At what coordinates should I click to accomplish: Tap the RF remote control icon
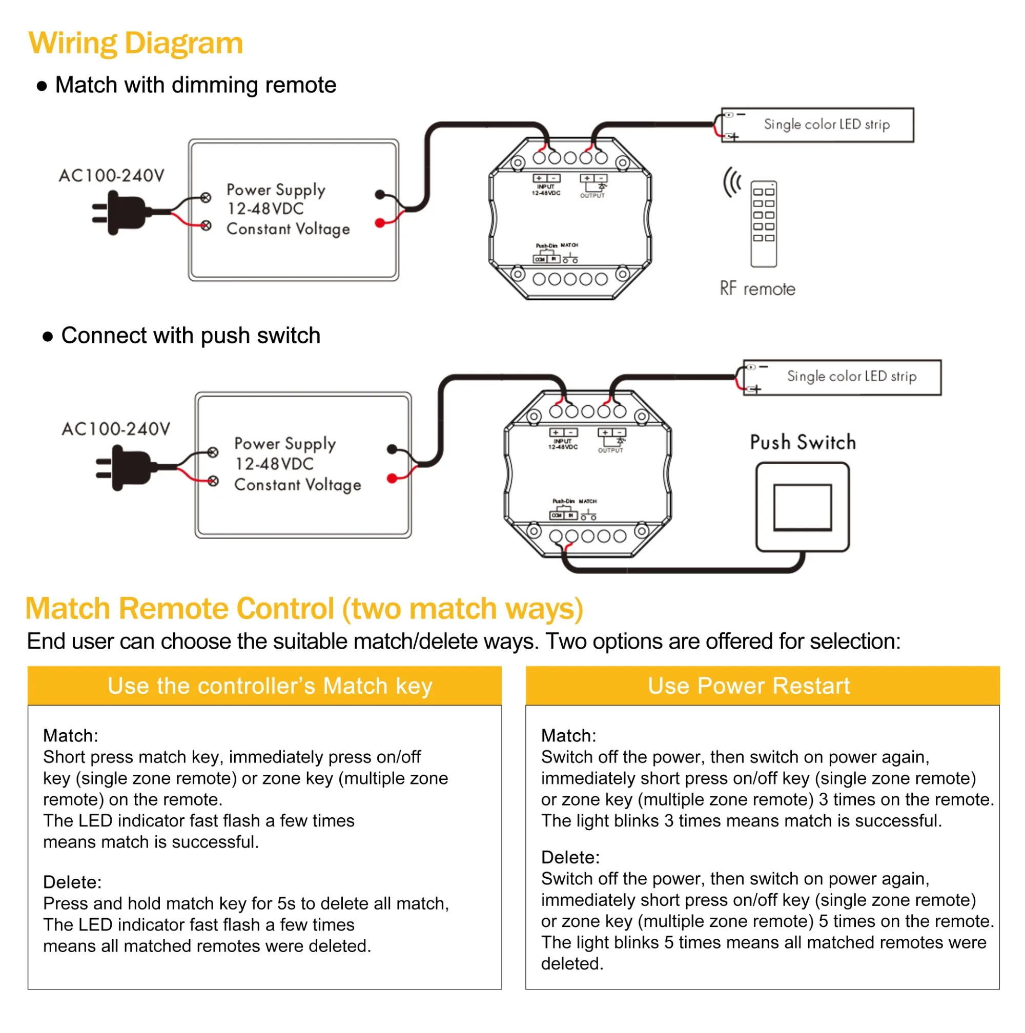tap(763, 223)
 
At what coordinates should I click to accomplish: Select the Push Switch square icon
tap(802, 506)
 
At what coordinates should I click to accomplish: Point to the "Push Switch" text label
tap(802, 442)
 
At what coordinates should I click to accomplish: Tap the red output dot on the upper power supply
tap(380, 223)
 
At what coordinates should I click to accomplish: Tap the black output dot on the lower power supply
tap(392, 449)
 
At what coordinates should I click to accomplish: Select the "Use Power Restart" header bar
tap(762, 686)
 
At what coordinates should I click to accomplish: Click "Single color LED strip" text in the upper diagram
tap(826, 125)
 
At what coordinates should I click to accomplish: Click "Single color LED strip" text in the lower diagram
tap(851, 377)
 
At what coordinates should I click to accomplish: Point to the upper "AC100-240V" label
tap(111, 175)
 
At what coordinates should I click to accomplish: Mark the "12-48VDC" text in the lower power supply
tap(274, 464)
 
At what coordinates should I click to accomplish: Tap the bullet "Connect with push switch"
tap(190, 336)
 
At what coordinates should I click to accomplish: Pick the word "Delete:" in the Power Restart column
tap(570, 857)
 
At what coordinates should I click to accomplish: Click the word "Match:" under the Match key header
tap(71, 735)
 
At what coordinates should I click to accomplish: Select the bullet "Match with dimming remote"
tap(195, 85)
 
